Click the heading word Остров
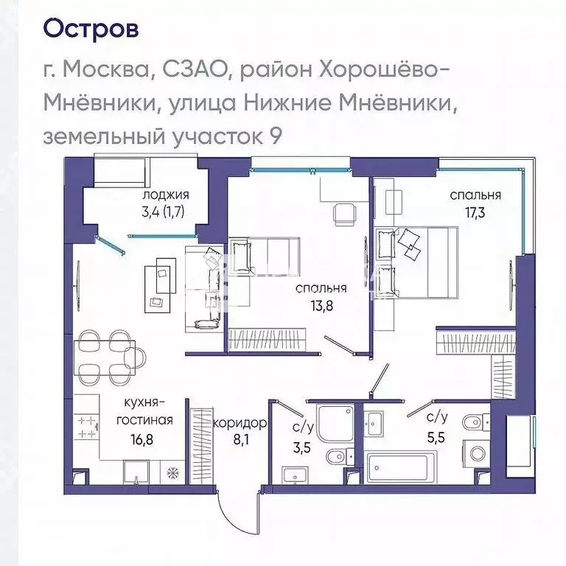91,29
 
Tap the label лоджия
166,195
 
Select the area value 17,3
477,213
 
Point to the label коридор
239,424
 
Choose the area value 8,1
239,444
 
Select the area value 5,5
436,436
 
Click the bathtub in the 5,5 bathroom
401,467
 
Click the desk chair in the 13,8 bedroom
343,214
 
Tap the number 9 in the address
275,136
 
